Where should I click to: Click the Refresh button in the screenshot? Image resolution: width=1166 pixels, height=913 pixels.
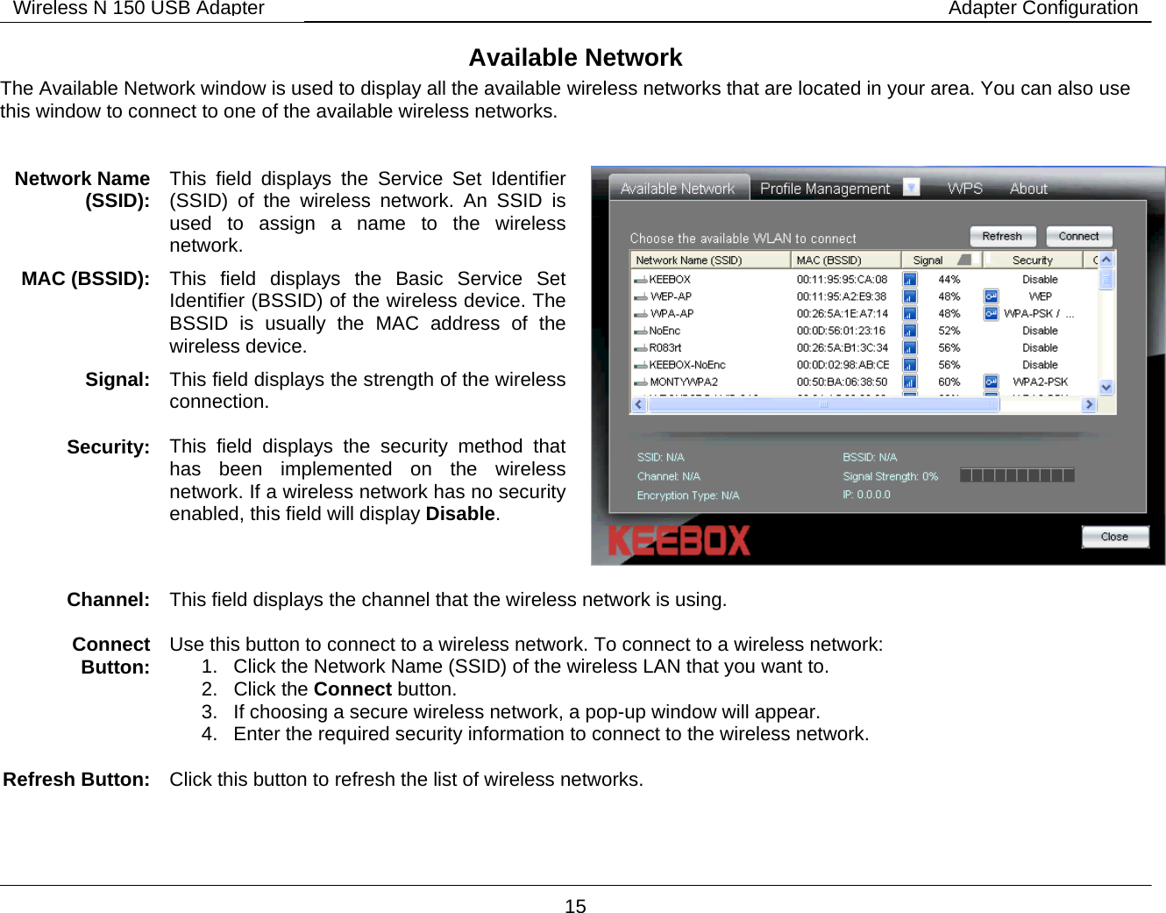1002,237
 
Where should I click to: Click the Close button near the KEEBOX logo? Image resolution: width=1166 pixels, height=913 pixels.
1114,537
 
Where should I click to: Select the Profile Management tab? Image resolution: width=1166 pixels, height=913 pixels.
824,189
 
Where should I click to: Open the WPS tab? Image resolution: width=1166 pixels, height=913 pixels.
964,189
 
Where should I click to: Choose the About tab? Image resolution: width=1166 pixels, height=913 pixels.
1028,189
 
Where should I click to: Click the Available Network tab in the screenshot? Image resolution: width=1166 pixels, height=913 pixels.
678,189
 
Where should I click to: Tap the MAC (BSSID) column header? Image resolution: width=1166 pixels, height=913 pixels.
828,260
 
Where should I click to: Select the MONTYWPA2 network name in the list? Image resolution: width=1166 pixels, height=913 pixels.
683,382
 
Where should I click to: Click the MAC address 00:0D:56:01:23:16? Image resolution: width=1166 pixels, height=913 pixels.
841,332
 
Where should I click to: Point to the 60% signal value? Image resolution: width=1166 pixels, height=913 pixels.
949,382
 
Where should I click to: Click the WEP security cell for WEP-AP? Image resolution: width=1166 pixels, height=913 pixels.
1040,296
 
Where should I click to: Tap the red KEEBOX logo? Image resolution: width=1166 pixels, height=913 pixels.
679,540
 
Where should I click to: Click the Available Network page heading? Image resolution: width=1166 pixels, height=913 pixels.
575,58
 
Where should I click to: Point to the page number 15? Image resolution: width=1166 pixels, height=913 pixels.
575,906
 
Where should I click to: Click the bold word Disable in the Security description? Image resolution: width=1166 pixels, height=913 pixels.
460,514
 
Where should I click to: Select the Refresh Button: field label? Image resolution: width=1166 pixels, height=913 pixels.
76,780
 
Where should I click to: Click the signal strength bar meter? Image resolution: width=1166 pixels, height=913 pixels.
1017,475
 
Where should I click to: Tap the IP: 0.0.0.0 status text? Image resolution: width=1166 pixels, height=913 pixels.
866,495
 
